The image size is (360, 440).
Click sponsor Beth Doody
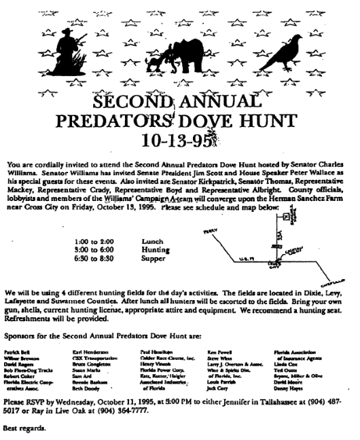point(85,391)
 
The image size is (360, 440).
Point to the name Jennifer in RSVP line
point(233,401)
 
